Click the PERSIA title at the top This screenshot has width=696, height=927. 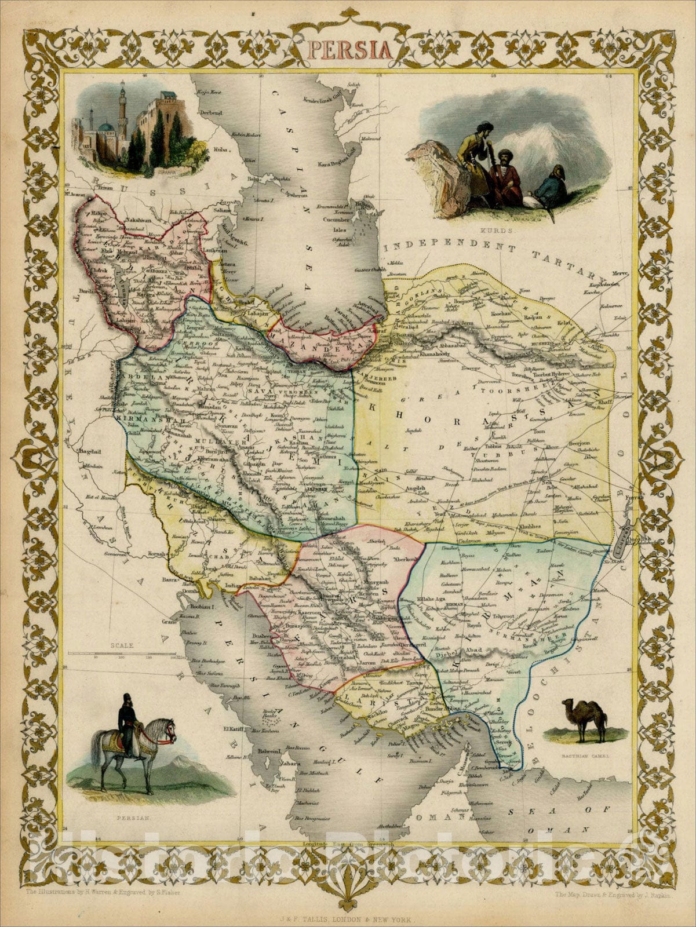point(348,49)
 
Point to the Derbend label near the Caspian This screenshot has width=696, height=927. point(209,112)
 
